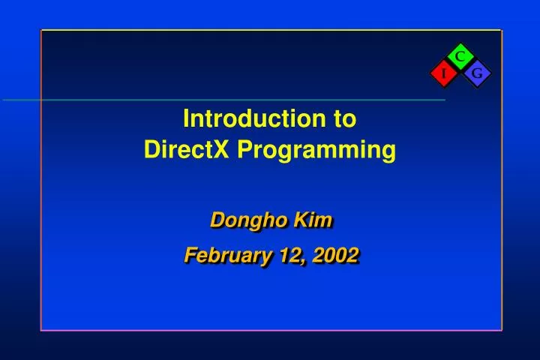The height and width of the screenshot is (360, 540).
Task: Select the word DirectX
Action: (187, 151)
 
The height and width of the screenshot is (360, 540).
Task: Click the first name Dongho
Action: (238, 220)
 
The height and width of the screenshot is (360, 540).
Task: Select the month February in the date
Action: (227, 256)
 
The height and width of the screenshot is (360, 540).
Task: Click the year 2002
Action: (335, 256)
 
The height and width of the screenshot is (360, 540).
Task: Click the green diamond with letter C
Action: (460, 55)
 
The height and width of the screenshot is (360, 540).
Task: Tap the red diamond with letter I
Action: (443, 73)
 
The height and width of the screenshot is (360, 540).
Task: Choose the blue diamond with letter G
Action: (476, 73)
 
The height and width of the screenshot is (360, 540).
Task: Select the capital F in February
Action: (190, 256)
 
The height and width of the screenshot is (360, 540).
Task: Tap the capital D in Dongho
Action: (216, 220)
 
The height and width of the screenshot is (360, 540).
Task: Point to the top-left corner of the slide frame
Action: (41, 31)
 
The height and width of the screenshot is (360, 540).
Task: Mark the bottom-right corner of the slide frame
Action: (501, 329)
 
